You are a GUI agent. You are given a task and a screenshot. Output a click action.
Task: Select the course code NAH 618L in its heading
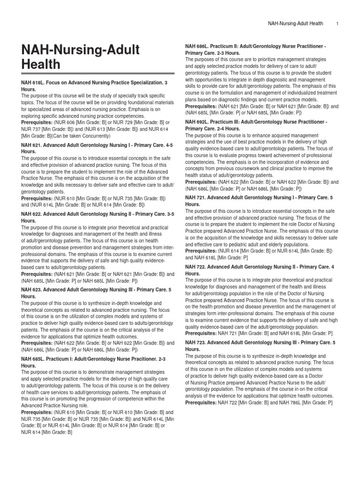pos(33,82)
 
